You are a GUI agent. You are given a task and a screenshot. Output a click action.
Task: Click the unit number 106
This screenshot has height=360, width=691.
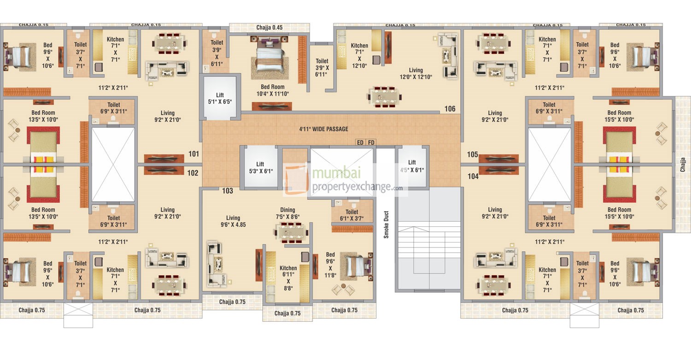450,109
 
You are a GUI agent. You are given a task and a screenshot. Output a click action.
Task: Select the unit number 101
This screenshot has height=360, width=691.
193,154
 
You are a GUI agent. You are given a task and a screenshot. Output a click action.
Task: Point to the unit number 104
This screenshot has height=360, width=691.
473,176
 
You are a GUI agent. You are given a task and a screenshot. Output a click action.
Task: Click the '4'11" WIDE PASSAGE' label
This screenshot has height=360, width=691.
323,129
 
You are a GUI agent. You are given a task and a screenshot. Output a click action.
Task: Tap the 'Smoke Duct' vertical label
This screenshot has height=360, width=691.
386,224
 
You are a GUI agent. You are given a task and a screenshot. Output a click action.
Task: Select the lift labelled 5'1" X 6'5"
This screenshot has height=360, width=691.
219,98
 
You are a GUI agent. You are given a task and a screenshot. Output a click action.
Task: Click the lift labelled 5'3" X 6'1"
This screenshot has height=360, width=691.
260,167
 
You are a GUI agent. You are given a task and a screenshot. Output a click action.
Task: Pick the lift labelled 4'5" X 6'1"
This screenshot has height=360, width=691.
412,166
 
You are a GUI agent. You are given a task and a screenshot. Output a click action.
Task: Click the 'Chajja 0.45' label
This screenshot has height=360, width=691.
269,28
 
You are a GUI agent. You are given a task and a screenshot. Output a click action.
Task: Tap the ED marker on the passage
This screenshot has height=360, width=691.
360,142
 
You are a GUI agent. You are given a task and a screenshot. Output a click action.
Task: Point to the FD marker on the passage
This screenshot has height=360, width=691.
371,142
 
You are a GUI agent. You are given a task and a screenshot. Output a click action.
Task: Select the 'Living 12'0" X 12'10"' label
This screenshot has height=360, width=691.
415,74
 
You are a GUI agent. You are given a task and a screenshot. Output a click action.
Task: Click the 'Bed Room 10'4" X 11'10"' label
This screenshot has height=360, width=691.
273,90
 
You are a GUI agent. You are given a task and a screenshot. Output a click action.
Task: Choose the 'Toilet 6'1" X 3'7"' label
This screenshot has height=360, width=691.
352,215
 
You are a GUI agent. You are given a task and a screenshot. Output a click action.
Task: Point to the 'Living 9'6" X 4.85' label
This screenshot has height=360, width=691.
233,222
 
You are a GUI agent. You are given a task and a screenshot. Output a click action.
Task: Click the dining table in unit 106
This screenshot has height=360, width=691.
384,96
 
